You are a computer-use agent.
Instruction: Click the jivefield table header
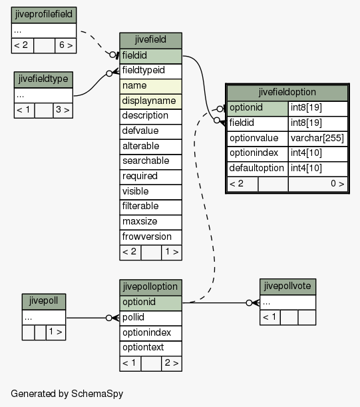[x=150, y=41]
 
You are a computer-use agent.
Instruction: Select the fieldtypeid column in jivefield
[x=150, y=71]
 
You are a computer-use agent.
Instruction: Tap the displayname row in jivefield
[x=150, y=101]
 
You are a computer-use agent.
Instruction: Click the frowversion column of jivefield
[x=150, y=237]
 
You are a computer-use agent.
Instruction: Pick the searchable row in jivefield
[x=150, y=162]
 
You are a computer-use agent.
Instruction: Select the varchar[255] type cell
[x=317, y=139]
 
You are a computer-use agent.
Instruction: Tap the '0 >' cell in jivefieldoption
[x=317, y=184]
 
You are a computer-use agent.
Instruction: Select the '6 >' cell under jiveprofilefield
[x=66, y=46]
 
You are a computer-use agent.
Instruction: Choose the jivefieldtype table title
[x=43, y=80]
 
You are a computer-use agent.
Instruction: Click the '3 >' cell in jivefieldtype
[x=63, y=111]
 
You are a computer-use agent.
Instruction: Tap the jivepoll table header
[x=44, y=302]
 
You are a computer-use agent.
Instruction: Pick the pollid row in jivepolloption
[x=150, y=318]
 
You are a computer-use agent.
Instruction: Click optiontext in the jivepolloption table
[x=150, y=348]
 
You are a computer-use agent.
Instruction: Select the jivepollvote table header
[x=287, y=287]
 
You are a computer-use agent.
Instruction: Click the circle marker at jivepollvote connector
[x=249, y=302]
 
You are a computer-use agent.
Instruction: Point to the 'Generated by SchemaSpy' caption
[x=67, y=394]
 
